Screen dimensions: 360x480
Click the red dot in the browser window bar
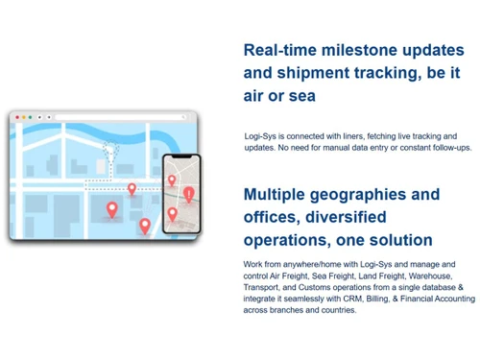pyautogui.click(x=14, y=116)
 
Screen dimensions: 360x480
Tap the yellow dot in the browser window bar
pyautogui.click(x=20, y=116)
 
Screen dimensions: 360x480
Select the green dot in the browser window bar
pyautogui.click(x=26, y=116)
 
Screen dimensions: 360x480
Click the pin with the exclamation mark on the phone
pyautogui.click(x=189, y=194)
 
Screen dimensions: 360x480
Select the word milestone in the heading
pyautogui.click(x=368, y=50)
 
